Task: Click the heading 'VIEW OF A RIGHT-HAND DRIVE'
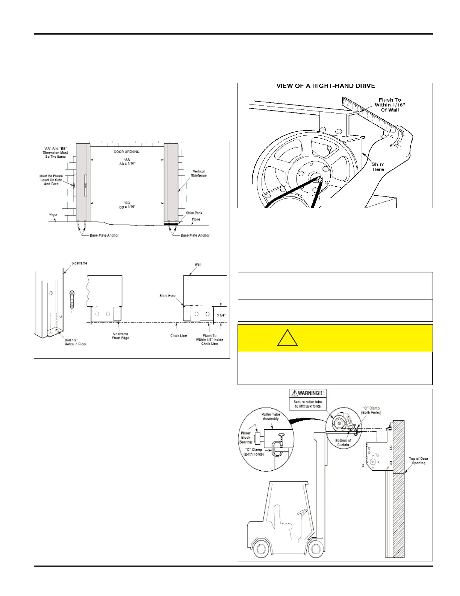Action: click(x=325, y=86)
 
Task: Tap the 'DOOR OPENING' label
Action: click(x=127, y=152)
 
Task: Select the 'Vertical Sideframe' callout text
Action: click(x=198, y=173)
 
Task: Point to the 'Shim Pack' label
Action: click(x=194, y=213)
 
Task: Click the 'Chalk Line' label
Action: click(x=179, y=336)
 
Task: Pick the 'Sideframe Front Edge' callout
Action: click(x=120, y=336)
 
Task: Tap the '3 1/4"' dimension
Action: click(x=221, y=315)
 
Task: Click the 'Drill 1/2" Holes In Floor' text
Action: click(x=76, y=342)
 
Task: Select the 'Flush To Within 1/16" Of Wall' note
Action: click(x=390, y=105)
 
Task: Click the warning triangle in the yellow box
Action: click(x=287, y=338)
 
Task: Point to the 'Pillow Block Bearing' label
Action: click(x=246, y=438)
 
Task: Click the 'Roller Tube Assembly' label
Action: click(x=271, y=416)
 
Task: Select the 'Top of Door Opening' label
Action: click(x=418, y=461)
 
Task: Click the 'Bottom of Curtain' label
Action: click(x=343, y=443)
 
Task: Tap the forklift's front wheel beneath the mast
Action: click(x=315, y=549)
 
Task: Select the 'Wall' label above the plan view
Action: click(x=198, y=265)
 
